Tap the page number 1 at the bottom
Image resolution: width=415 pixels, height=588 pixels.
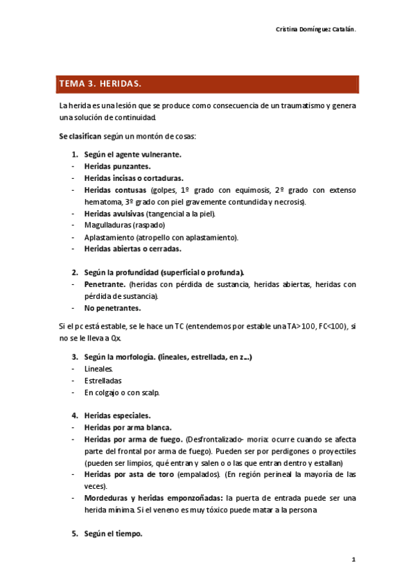tap(353, 559)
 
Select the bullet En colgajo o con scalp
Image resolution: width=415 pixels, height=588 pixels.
tap(122, 392)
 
